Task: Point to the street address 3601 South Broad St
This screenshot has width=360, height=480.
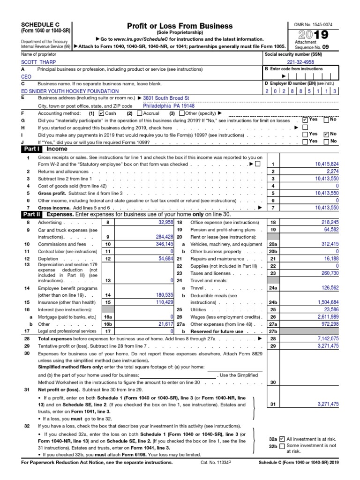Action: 166,98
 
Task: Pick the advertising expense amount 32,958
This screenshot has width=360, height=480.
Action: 166,222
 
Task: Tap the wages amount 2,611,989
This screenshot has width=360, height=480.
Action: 323,317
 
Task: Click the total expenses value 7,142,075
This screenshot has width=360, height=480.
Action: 323,338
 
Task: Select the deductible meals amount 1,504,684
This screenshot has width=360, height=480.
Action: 323,303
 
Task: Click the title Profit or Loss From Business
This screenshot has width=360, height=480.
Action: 180,26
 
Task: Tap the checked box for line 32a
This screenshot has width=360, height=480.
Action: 282,439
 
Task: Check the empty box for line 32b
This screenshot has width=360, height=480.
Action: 282,446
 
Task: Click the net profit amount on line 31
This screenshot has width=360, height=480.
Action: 323,404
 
